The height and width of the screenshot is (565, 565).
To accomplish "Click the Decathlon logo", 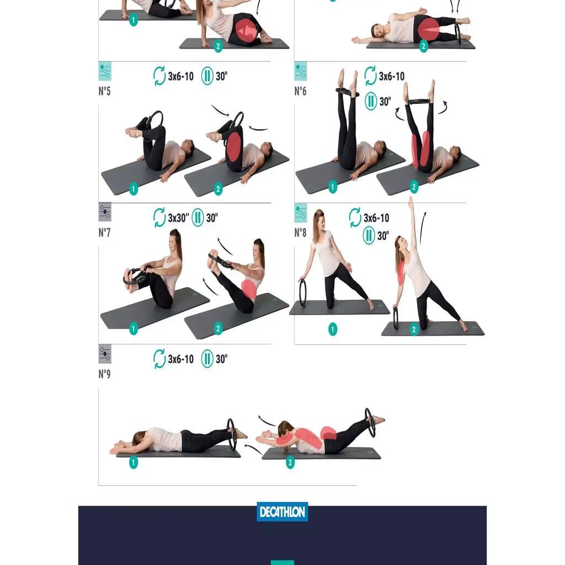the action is pyautogui.click(x=282, y=511).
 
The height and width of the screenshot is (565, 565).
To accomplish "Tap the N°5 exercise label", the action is pyautogui.click(x=104, y=91).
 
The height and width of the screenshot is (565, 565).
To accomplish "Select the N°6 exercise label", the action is pyautogui.click(x=300, y=91).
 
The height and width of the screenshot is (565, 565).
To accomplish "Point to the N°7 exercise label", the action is pyautogui.click(x=104, y=232).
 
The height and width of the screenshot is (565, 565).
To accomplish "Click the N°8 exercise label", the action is pyautogui.click(x=300, y=232).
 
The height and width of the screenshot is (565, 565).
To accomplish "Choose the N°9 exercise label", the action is pyautogui.click(x=104, y=374).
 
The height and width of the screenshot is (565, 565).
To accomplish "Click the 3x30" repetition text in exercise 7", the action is pyautogui.click(x=178, y=217).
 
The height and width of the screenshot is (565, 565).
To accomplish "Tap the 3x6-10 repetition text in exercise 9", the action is pyautogui.click(x=180, y=359).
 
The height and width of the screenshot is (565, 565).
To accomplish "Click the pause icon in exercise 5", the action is pyautogui.click(x=207, y=76).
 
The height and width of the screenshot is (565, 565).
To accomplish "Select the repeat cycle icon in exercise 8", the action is pyautogui.click(x=355, y=217).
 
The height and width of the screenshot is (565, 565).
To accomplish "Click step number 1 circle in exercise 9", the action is pyautogui.click(x=134, y=462).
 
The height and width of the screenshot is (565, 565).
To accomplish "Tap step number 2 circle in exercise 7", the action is pyautogui.click(x=217, y=328).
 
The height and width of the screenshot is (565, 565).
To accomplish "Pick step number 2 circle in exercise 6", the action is pyautogui.click(x=414, y=186).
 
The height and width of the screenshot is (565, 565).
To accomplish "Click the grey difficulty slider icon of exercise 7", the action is pyautogui.click(x=105, y=212).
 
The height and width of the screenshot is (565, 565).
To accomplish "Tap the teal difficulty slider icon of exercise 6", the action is pyautogui.click(x=301, y=71).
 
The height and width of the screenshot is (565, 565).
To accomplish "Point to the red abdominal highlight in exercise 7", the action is pyautogui.click(x=249, y=289).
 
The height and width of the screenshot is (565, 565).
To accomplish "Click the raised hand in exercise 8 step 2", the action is pyautogui.click(x=411, y=202).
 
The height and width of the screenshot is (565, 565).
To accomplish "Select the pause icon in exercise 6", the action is pyautogui.click(x=371, y=101).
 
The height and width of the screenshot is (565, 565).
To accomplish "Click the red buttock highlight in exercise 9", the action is pyautogui.click(x=328, y=433).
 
